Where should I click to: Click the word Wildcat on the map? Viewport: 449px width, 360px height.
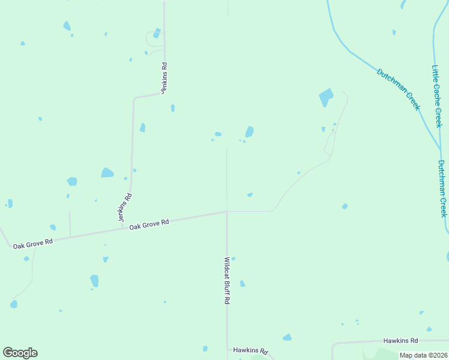tap(227, 268)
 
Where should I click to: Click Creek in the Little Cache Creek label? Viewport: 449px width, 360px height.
tap(438, 116)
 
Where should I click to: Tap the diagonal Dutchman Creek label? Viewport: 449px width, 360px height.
tap(398, 89)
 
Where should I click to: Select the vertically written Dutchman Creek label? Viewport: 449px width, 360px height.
tap(442, 188)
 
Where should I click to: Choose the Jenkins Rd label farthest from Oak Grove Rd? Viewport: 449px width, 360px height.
tap(163, 76)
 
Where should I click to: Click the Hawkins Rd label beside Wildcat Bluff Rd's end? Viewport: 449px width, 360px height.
tap(250, 350)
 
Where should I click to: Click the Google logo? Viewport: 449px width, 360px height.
tap(20, 353)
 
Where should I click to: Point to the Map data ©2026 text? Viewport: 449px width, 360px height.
tap(423, 355)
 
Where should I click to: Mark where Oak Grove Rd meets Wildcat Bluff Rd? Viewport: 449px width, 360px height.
tap(226, 211)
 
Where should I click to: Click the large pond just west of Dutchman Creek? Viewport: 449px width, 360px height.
tap(326, 97)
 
